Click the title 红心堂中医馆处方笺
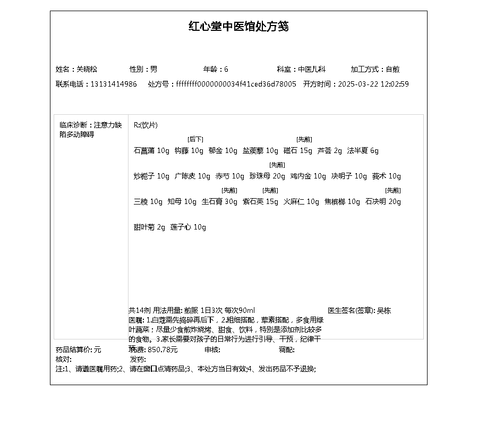(238, 27)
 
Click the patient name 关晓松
(87, 69)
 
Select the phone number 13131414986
(113, 84)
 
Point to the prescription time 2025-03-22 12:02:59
(373, 84)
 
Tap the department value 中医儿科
(311, 69)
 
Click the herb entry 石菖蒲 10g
(151, 151)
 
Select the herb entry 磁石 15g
(298, 151)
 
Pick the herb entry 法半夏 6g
(363, 151)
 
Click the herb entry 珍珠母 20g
(267, 176)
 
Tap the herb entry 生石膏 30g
(220, 202)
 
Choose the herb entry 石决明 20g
(383, 202)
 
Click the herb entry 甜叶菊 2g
(149, 227)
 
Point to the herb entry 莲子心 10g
(188, 227)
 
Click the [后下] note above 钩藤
(195, 139)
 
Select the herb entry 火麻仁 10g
(301, 202)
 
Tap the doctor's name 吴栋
(383, 310)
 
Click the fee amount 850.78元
(163, 350)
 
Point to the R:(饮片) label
(146, 125)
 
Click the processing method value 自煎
(392, 69)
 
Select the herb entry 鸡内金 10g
(308, 176)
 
